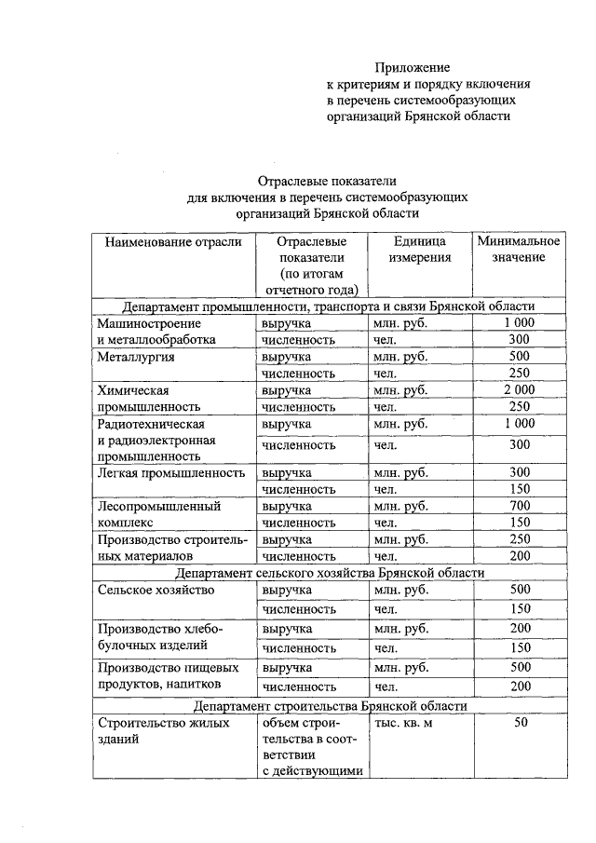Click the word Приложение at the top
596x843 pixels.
click(413, 68)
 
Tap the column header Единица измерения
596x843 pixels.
click(420, 249)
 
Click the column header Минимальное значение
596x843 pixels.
click(519, 249)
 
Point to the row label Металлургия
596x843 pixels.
click(135, 357)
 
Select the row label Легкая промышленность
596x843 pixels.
click(169, 472)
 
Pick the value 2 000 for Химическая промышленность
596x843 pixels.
click(519, 389)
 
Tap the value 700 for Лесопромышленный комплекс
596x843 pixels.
click(519, 506)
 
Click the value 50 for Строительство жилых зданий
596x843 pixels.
click(520, 724)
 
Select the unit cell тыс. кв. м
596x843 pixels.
click(403, 724)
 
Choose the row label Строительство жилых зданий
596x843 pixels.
click(154, 732)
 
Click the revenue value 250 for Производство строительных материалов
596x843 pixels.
click(519, 539)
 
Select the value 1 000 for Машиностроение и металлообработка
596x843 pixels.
click(519, 322)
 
